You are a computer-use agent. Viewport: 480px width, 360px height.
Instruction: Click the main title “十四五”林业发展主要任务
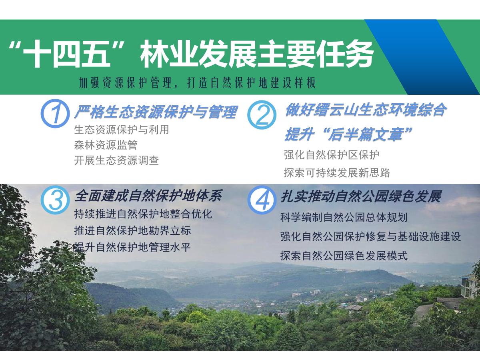(x=191, y=54)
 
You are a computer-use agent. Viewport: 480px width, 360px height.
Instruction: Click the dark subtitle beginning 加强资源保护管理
(x=197, y=83)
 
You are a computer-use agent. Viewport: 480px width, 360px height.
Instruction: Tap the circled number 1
(x=55, y=113)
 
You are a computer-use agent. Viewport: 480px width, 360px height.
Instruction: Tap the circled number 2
(x=262, y=114)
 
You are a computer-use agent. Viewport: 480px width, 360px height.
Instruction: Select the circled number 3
(x=55, y=200)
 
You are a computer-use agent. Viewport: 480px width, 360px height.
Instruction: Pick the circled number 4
(x=262, y=200)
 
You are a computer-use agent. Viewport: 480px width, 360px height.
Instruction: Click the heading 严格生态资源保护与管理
(x=156, y=112)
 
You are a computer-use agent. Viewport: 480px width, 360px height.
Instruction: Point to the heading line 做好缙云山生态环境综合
(x=365, y=110)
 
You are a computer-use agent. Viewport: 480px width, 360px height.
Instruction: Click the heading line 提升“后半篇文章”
(x=348, y=134)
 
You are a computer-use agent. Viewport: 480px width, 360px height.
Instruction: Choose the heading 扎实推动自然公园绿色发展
(x=361, y=196)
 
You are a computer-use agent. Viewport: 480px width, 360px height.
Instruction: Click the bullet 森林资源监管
(x=106, y=145)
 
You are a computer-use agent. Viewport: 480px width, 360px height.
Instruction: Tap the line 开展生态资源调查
(x=116, y=160)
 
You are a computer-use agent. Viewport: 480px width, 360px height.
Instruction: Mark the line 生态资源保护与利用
(x=122, y=130)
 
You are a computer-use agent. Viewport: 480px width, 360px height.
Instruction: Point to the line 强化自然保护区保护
(x=332, y=155)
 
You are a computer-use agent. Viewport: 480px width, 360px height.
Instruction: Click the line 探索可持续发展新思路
(x=337, y=173)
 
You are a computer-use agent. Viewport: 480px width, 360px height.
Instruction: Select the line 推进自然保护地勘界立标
(x=132, y=231)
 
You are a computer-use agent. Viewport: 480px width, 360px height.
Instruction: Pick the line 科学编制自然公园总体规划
(x=344, y=218)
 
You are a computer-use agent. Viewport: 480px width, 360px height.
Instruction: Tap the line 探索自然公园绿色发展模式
(x=344, y=256)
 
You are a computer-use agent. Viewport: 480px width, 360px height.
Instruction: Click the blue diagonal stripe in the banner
(x=422, y=57)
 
